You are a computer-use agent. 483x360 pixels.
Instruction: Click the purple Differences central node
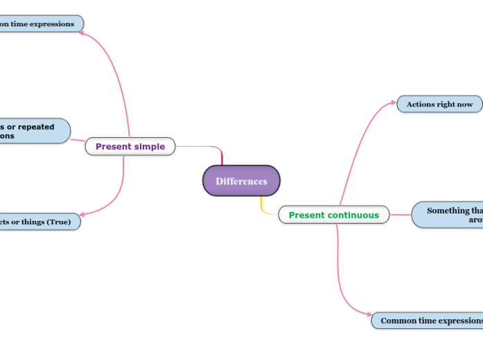(x=241, y=181)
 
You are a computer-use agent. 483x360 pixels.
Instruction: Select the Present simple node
(x=130, y=146)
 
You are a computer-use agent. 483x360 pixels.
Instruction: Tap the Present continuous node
(x=333, y=215)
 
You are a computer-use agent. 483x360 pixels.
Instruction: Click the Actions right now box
(x=439, y=104)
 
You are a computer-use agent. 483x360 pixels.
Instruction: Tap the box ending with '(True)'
(x=38, y=222)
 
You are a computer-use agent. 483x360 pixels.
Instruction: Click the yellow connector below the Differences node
(x=263, y=207)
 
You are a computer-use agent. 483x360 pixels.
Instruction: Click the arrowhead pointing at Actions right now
(x=393, y=102)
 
